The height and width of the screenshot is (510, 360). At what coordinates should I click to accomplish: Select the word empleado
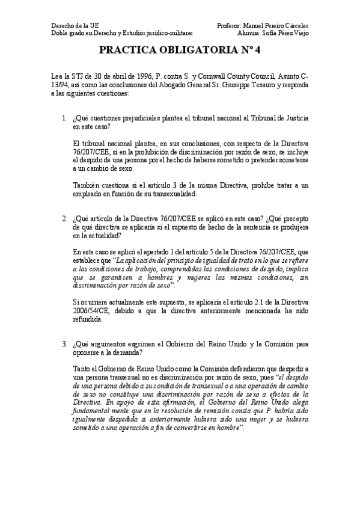coord(87,194)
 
